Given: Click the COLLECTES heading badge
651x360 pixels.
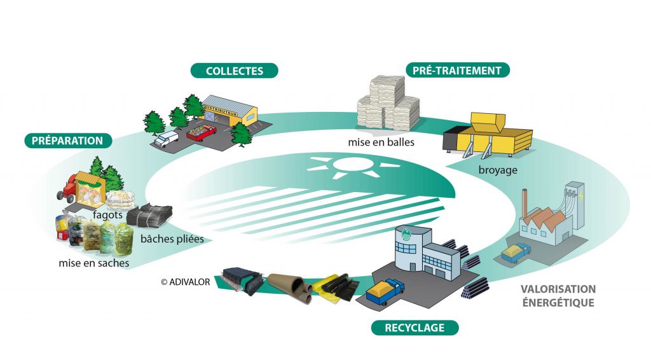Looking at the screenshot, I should point(235,71).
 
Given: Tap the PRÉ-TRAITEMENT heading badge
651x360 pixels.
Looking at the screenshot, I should point(457,70).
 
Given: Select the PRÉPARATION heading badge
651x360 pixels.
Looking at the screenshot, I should point(68,141).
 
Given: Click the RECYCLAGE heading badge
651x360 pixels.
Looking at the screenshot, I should point(414,328).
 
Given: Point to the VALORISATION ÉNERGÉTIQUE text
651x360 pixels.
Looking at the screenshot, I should point(558,296).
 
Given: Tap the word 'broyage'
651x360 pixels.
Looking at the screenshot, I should point(498,170).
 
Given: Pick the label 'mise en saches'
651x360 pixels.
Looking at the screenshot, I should point(93,261).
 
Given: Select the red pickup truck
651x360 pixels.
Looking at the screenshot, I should point(201,133).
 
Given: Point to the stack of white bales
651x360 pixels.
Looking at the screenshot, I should point(386,105).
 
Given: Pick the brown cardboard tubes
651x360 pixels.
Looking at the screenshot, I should point(291,284).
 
